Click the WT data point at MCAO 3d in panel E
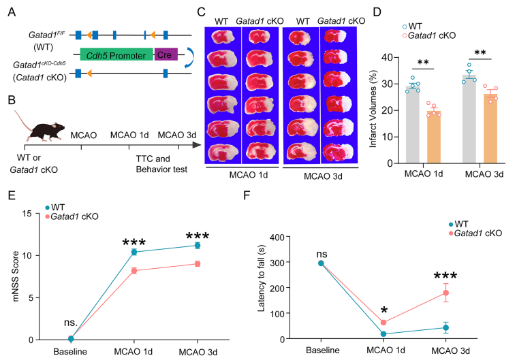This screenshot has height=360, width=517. click(x=198, y=245)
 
